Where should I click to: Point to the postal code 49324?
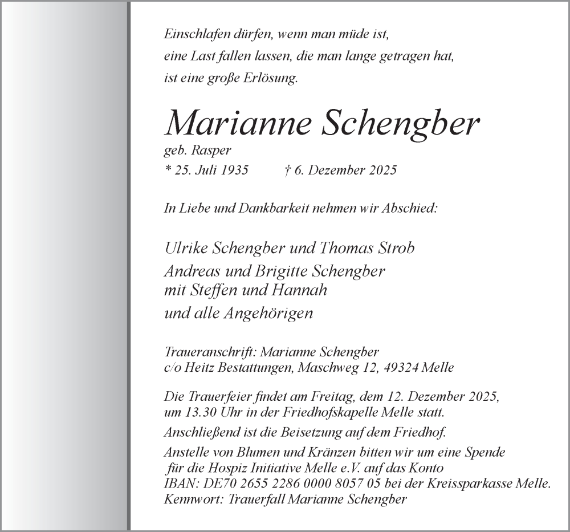pyautogui.click(x=401, y=368)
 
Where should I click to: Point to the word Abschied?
pyautogui.click(x=408, y=208)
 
